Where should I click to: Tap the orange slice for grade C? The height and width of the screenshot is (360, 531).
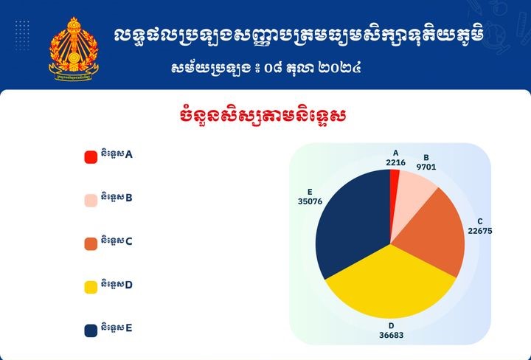[x=435, y=236]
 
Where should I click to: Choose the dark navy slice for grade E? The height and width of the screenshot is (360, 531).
[x=350, y=221]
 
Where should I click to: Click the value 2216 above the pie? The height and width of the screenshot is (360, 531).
[x=395, y=163]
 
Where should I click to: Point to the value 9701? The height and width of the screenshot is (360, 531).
[x=426, y=167]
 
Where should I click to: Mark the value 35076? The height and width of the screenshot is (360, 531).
[x=310, y=201]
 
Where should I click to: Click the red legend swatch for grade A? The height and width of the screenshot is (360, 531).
[x=91, y=156]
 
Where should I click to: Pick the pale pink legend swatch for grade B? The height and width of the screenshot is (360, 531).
[x=91, y=200]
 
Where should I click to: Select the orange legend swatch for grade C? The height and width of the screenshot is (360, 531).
[x=91, y=243]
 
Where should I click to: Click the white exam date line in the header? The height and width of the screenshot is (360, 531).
[x=265, y=69]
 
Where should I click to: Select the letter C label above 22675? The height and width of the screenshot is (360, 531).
[x=480, y=221]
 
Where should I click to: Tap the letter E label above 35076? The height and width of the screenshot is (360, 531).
[x=310, y=191]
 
